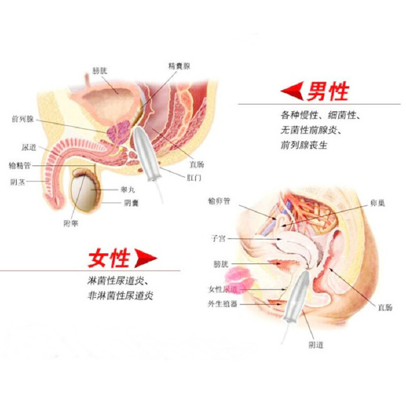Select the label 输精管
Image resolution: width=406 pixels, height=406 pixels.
tap(20, 166)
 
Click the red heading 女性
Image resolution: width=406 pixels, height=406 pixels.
tap(109, 258)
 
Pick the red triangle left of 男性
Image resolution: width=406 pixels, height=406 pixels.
tap(293, 92)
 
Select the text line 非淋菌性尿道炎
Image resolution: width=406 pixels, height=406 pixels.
tap(120, 296)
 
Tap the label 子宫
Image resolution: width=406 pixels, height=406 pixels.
tap(218, 238)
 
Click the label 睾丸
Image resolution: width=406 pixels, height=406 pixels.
tap(127, 189)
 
